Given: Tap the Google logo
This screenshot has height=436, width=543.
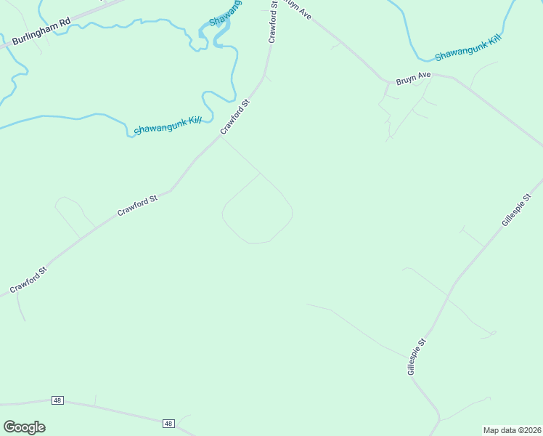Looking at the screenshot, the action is pos(24,427).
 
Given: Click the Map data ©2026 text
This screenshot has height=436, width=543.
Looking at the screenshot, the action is pos(512,429).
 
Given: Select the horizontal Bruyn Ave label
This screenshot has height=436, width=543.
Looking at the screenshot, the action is pos(413,75).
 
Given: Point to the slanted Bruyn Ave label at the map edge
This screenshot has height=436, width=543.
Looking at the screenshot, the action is pos(298,10).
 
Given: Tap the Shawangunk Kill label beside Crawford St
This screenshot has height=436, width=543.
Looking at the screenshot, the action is pos(168,126).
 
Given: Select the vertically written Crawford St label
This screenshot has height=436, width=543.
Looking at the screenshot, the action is pos(274,22).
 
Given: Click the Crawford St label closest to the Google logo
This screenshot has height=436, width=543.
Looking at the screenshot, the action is pos(28,280).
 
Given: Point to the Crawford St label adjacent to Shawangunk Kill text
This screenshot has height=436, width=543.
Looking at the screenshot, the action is pos(235,116).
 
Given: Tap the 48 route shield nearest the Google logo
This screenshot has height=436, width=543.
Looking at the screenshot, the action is pos(57,400).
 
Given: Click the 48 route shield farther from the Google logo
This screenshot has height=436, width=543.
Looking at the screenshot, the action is pos(168,423).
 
